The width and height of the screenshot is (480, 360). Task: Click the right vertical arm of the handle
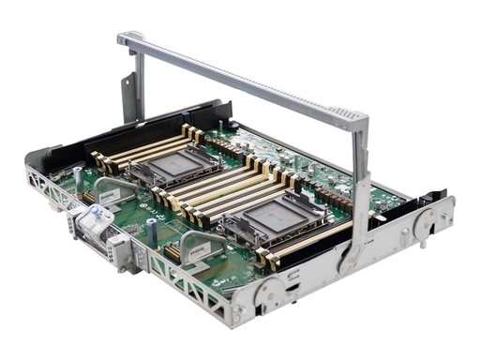click(x=359, y=187)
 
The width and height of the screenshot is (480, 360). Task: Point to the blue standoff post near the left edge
click(x=77, y=174)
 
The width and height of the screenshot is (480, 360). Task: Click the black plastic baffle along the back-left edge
click(x=141, y=120)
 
